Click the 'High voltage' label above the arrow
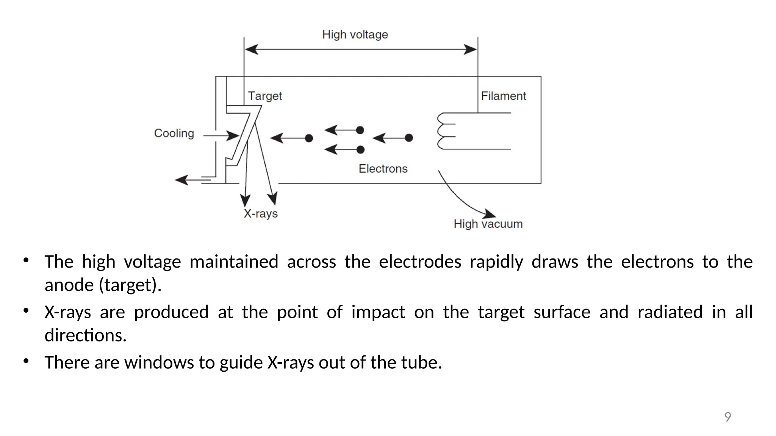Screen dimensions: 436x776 355,34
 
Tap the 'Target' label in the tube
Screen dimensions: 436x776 265,96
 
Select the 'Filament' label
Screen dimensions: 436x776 503,96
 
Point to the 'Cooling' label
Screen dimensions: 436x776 174,133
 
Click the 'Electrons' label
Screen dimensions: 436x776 383,168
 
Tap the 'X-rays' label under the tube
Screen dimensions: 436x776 261,213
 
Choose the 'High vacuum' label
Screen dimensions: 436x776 488,224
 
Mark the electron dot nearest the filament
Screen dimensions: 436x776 409,138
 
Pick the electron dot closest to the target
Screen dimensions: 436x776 309,138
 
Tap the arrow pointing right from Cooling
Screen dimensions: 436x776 222,135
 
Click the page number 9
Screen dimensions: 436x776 727,417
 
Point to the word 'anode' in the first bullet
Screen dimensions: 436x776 69,285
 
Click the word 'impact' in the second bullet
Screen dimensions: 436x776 378,312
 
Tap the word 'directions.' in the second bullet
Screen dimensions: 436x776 86,335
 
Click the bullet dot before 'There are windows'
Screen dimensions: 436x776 26,361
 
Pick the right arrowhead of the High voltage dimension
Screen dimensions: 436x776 471,50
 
